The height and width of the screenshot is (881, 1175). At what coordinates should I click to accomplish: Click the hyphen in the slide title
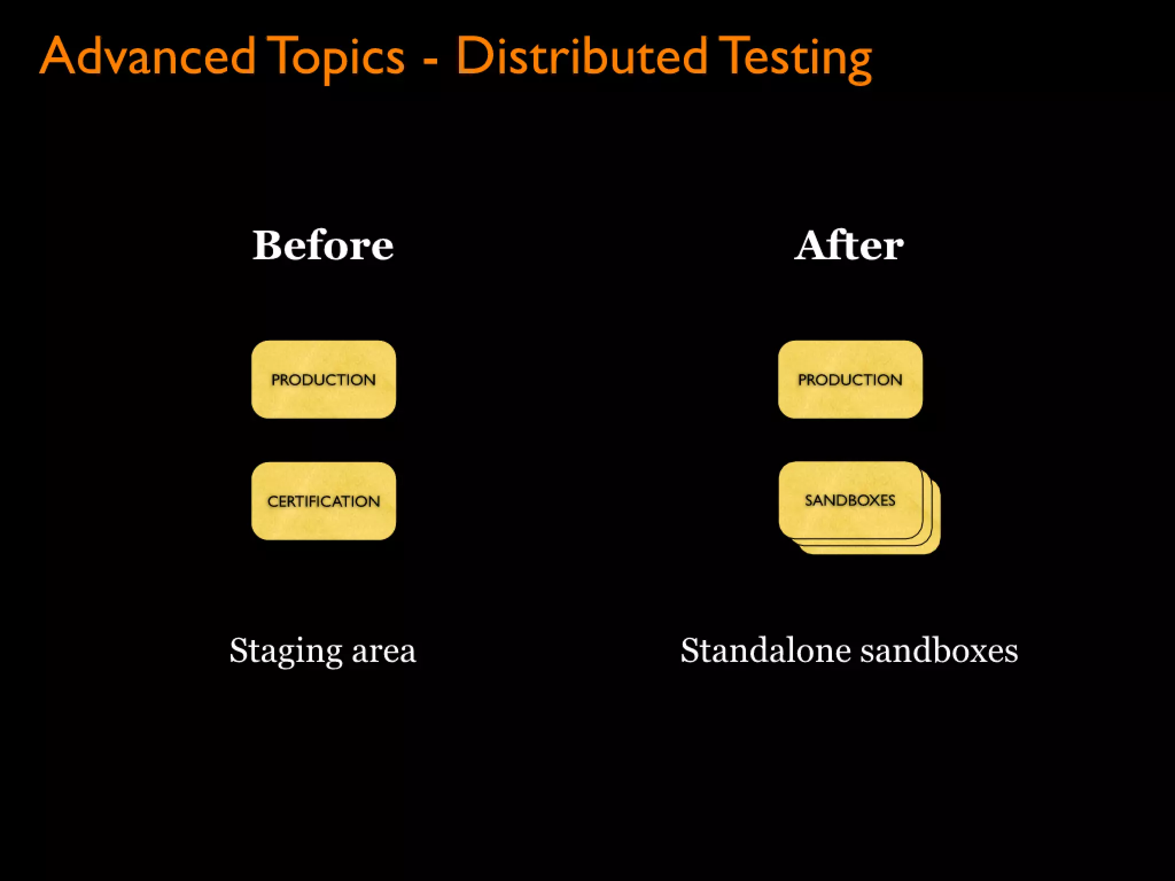point(430,59)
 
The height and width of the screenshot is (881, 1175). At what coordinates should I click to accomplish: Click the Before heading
point(323,245)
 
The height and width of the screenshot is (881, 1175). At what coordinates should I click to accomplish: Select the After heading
point(849,245)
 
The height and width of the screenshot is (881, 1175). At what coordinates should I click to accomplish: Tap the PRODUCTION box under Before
point(324,401)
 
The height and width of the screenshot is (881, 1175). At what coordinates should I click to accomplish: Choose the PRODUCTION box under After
point(850,401)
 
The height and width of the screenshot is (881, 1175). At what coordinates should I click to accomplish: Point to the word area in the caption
point(383,651)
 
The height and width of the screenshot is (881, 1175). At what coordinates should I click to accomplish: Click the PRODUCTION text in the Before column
point(324,380)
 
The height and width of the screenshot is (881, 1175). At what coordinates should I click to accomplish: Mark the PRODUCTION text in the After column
point(850,380)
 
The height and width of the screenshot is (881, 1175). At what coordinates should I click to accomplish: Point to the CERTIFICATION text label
point(324,501)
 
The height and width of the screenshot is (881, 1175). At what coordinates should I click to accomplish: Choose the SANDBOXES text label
point(850,500)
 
